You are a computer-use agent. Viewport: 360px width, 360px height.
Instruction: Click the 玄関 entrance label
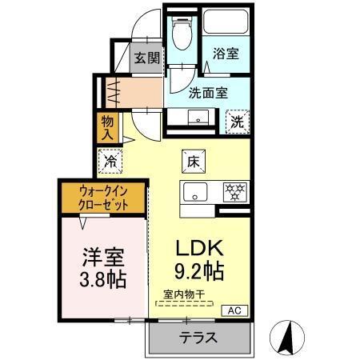coord(146,58)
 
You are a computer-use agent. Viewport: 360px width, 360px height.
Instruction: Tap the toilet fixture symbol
coord(182,33)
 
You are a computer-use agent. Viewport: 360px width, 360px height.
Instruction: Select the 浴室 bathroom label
coord(224,54)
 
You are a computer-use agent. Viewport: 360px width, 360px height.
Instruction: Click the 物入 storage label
coord(107,126)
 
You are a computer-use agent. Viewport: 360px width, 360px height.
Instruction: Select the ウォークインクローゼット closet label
coord(102,198)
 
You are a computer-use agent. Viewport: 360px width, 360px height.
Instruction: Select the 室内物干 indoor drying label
coord(184,294)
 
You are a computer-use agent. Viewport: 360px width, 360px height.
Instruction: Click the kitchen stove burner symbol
coord(234,191)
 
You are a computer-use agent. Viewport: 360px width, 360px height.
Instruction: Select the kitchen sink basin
coord(196,191)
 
